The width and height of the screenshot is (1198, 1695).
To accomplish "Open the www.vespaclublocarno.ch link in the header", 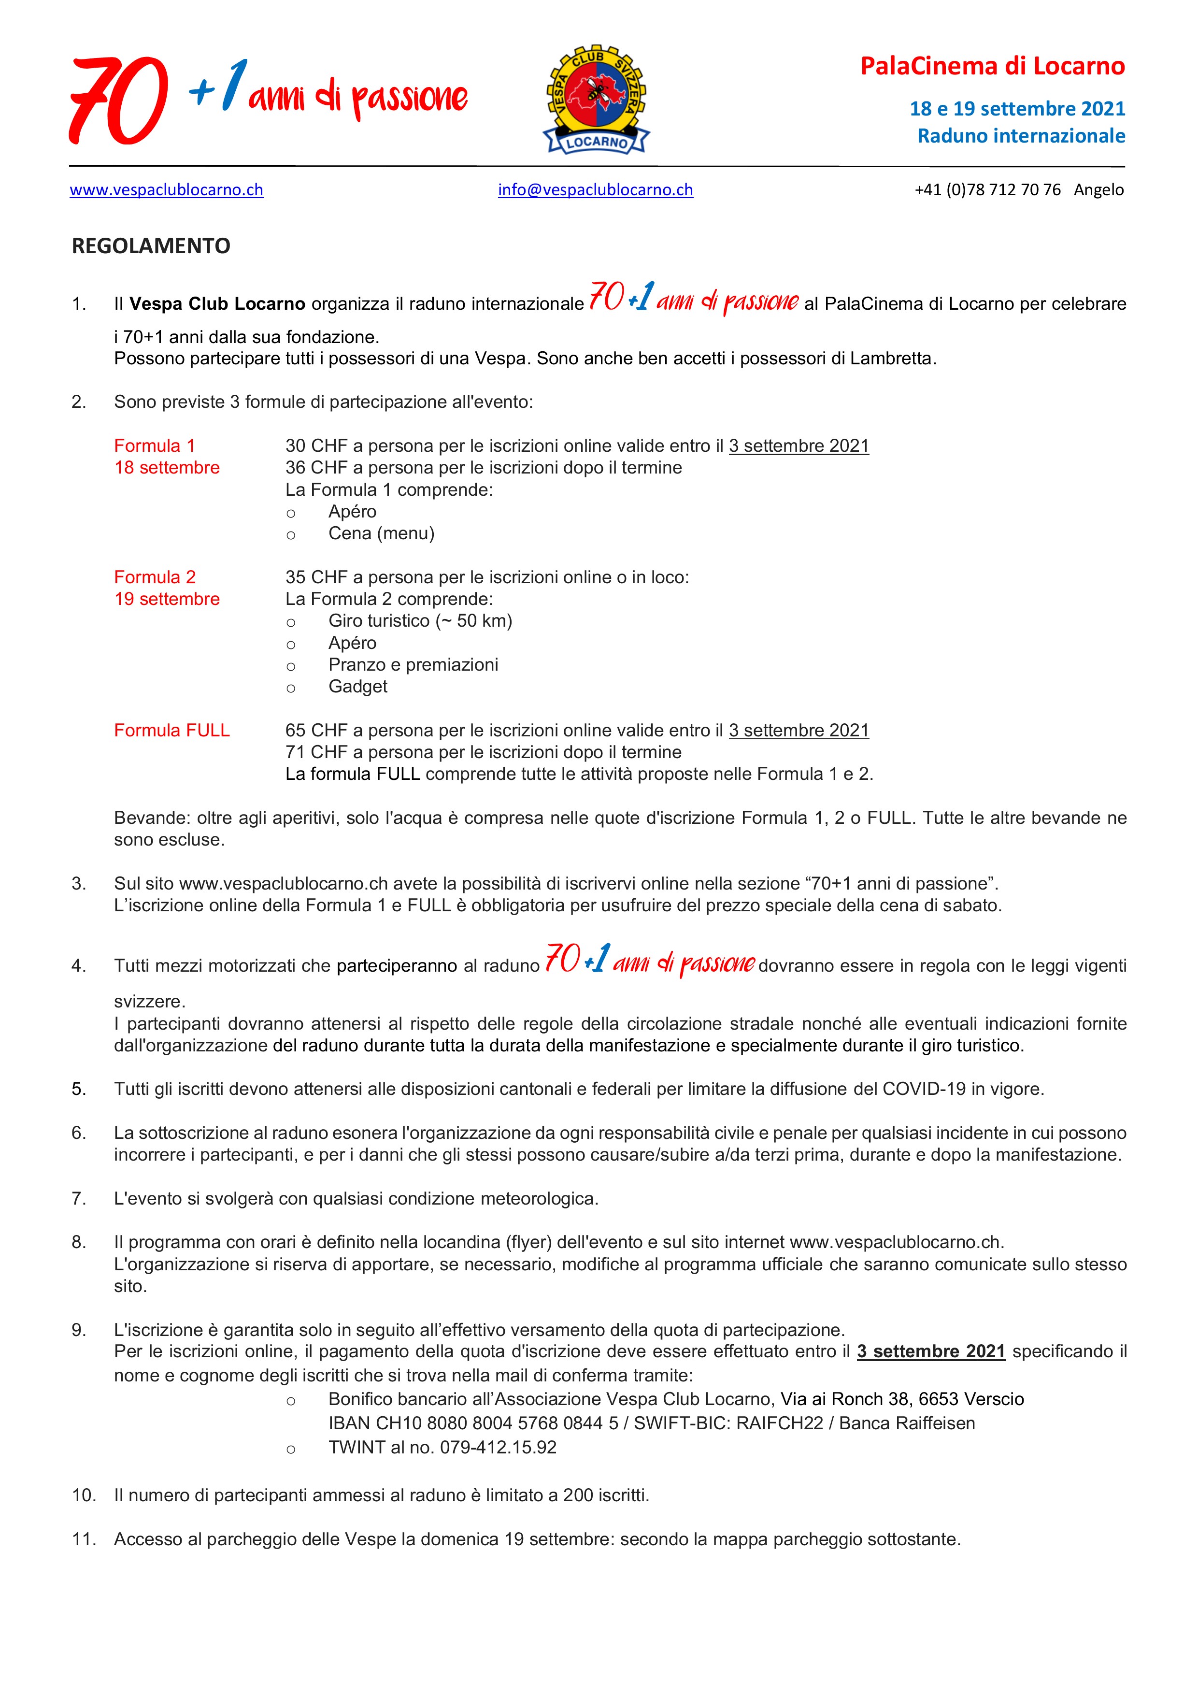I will coord(166,190).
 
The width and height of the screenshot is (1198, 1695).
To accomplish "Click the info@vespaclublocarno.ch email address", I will coord(595,190).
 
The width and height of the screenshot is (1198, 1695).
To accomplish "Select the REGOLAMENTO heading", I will coord(151,246).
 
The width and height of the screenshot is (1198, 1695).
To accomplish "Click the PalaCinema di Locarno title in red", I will coord(992,67).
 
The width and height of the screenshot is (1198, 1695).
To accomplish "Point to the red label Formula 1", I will coord(154,446).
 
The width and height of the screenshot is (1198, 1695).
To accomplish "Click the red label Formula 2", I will coord(154,577).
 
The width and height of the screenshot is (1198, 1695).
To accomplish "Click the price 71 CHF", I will coord(306,752).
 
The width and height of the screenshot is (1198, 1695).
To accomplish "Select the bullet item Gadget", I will coord(357,687).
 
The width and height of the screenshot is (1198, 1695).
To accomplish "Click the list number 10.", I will coord(84,1495).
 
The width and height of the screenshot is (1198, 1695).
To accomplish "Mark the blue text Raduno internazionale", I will coord(1021,136).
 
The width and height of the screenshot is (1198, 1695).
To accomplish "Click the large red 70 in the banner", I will coord(118,101).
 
